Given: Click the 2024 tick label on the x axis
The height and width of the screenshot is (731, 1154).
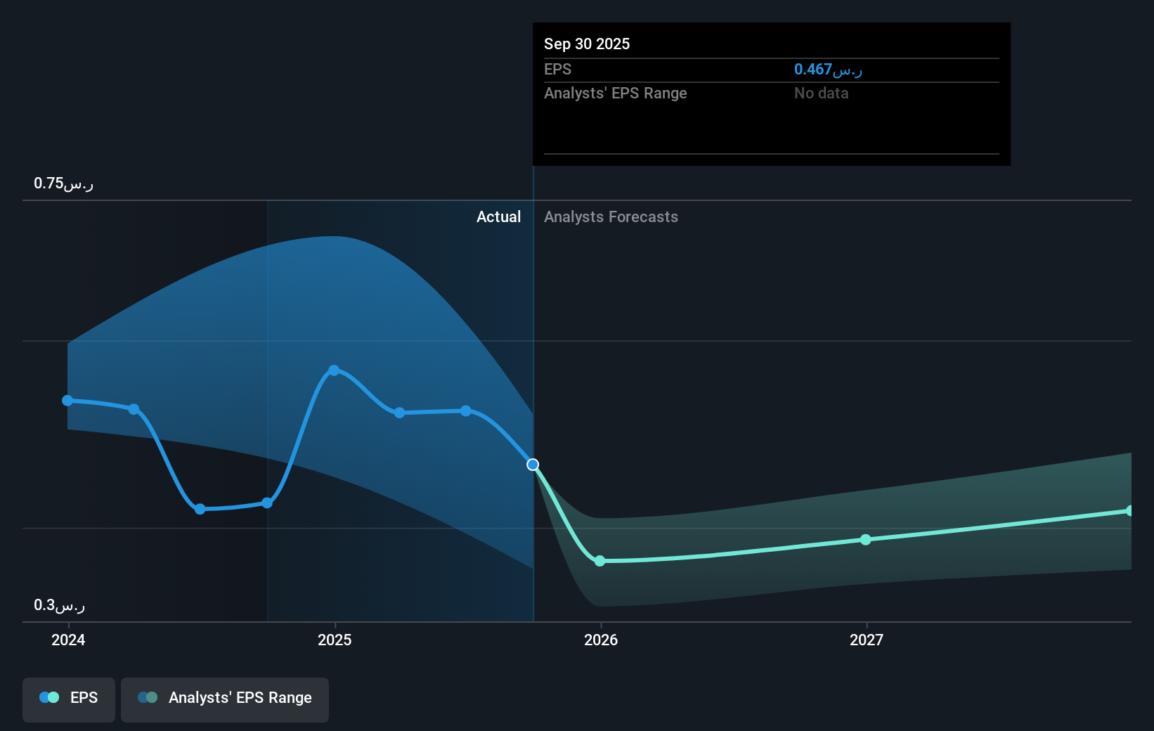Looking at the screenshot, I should [68, 640].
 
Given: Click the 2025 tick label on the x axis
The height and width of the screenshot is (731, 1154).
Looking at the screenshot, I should [335, 640].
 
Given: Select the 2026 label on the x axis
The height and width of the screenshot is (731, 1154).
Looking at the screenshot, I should [601, 640].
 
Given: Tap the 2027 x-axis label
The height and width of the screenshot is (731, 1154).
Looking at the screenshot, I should [867, 640].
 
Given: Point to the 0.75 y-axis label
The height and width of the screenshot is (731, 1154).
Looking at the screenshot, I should [63, 183].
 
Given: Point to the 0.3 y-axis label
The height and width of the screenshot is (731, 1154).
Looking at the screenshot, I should [59, 605].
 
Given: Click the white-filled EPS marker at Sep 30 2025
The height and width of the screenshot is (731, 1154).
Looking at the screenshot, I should [533, 465].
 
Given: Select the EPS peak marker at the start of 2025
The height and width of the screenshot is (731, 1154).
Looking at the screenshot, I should [335, 370].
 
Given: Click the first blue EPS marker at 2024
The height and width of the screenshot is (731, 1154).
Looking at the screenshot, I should [67, 401].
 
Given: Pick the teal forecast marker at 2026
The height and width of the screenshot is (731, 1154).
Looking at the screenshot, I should [599, 561].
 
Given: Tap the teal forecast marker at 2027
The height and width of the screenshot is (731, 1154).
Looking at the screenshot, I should [866, 540].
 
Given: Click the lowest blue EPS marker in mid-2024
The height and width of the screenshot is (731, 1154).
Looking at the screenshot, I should [200, 509].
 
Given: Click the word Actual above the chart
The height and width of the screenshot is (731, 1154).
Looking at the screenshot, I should [498, 217].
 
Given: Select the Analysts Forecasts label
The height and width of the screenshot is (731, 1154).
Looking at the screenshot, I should [611, 217].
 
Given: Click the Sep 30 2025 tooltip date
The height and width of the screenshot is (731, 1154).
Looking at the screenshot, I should [587, 44].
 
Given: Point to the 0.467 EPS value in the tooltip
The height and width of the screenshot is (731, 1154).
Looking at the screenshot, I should [827, 70].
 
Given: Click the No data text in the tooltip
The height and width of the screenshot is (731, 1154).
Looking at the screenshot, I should [821, 93].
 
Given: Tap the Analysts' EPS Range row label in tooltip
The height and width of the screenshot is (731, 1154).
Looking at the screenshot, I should [615, 93].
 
